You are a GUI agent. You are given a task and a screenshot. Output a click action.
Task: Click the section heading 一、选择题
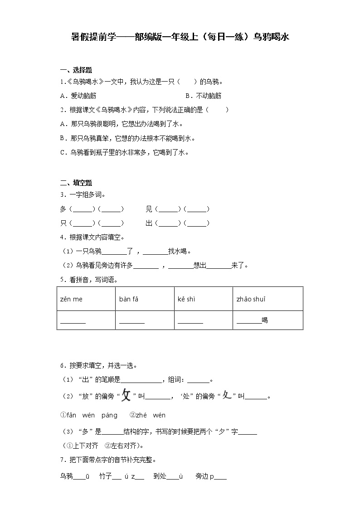[x=76, y=70]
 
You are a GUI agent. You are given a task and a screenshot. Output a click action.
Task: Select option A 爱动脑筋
[x=78, y=96]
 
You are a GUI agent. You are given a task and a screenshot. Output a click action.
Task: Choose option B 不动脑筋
[x=204, y=96]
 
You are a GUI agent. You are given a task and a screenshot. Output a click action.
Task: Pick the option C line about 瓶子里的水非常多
[x=124, y=153]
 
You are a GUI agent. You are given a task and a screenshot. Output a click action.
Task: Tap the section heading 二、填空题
[x=76, y=183]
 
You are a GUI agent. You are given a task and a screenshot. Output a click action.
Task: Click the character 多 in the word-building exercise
[x=63, y=209]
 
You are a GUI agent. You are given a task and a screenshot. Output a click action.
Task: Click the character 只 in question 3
[x=63, y=223]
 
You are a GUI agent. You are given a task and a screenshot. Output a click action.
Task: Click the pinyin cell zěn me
[x=72, y=299]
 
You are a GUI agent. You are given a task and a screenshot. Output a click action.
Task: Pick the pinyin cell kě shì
[x=187, y=299]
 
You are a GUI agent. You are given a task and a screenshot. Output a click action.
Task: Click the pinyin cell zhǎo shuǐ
[x=251, y=299]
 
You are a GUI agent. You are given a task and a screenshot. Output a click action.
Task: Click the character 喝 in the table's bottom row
[x=265, y=320]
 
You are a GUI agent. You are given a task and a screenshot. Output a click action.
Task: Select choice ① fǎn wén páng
[x=89, y=415]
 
